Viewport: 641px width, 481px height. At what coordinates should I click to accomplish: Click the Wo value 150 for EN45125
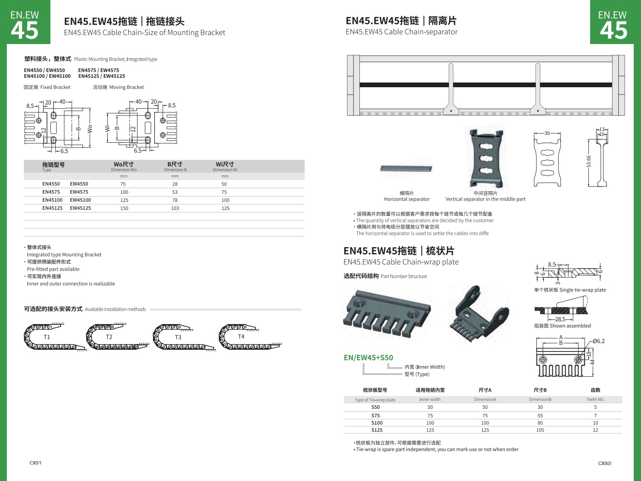pyautogui.click(x=124, y=208)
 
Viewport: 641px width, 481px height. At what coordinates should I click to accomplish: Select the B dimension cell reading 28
pyautogui.click(x=175, y=184)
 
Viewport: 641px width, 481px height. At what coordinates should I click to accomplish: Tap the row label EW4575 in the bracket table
pyautogui.click(x=79, y=192)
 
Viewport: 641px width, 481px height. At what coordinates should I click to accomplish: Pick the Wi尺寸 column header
pyautogui.click(x=225, y=165)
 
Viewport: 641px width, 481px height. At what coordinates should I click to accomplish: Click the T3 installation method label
pyautogui.click(x=178, y=337)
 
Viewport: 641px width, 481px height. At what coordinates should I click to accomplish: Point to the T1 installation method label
pyautogui.click(x=47, y=337)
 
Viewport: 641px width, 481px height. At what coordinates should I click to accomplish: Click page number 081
pyautogui.click(x=35, y=463)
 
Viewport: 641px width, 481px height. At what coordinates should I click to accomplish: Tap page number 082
pyautogui.click(x=605, y=463)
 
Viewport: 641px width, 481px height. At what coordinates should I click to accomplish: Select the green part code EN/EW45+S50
pyautogui.click(x=368, y=357)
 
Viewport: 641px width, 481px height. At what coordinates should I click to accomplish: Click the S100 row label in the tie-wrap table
pyautogui.click(x=377, y=423)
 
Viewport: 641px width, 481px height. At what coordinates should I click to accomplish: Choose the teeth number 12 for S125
pyautogui.click(x=595, y=430)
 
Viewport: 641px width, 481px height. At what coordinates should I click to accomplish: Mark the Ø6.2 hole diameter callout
pyautogui.click(x=599, y=341)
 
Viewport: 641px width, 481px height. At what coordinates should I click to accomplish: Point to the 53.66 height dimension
pyautogui.click(x=589, y=162)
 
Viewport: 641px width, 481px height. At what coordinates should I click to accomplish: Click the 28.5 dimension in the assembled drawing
pyautogui.click(x=560, y=319)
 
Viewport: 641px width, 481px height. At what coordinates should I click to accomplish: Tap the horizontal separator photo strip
pyautogui.click(x=406, y=168)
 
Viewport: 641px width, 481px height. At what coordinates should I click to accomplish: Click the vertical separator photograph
pyautogui.click(x=486, y=158)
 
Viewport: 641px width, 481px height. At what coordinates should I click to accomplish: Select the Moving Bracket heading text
pyautogui.click(x=118, y=87)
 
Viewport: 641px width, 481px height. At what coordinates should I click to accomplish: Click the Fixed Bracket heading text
pyautogui.click(x=47, y=87)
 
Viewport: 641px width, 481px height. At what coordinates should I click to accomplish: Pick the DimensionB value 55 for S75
pyautogui.click(x=540, y=416)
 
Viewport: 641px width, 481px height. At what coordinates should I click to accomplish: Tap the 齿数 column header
pyautogui.click(x=595, y=390)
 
